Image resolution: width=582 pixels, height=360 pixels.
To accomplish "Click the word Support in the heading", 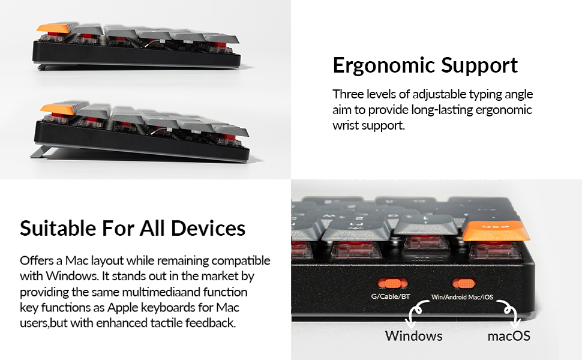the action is (481, 65).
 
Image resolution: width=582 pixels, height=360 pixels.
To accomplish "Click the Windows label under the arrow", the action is (413, 335).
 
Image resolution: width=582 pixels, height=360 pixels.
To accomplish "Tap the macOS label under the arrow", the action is (509, 335).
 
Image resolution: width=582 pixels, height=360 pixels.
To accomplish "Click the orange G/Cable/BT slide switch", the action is (391, 283).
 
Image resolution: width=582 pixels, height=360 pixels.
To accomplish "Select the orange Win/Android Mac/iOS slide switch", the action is (464, 283).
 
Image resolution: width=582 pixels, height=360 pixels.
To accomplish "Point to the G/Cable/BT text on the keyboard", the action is (391, 296).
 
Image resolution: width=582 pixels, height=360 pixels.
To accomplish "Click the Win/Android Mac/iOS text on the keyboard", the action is (462, 297).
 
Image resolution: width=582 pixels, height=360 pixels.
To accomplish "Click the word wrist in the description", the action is (347, 126).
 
